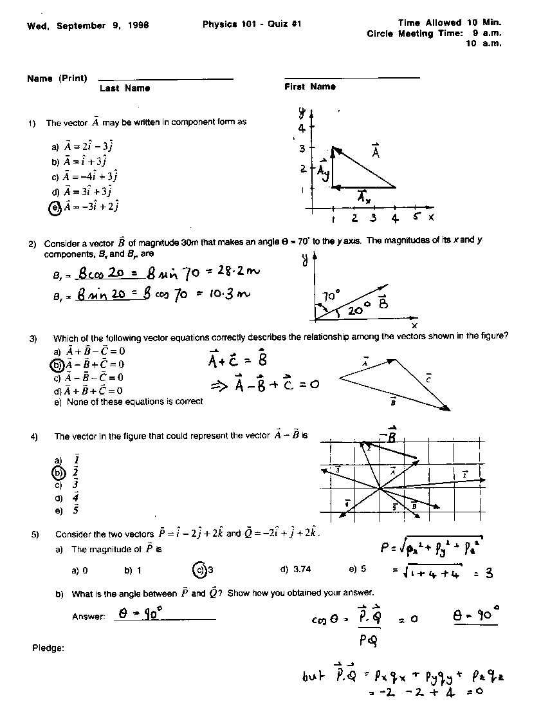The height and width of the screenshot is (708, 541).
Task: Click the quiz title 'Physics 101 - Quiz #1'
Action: click(252, 24)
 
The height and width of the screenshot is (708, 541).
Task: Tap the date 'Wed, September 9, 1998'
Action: click(88, 26)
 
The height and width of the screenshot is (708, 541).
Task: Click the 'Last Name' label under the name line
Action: click(125, 88)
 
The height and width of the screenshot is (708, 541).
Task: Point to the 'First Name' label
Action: click(310, 87)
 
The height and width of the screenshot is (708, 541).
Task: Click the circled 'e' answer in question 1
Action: click(55, 207)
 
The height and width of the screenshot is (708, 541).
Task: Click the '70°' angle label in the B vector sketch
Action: click(331, 297)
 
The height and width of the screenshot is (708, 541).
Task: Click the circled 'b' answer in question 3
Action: click(57, 365)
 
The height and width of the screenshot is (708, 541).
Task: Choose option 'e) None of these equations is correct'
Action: click(129, 402)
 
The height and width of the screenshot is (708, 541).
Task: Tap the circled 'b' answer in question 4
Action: click(58, 472)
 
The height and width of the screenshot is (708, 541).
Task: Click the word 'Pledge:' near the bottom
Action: click(48, 647)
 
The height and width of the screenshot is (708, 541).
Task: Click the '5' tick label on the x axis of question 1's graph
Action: click(417, 217)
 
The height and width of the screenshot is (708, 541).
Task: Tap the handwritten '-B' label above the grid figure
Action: click(387, 436)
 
